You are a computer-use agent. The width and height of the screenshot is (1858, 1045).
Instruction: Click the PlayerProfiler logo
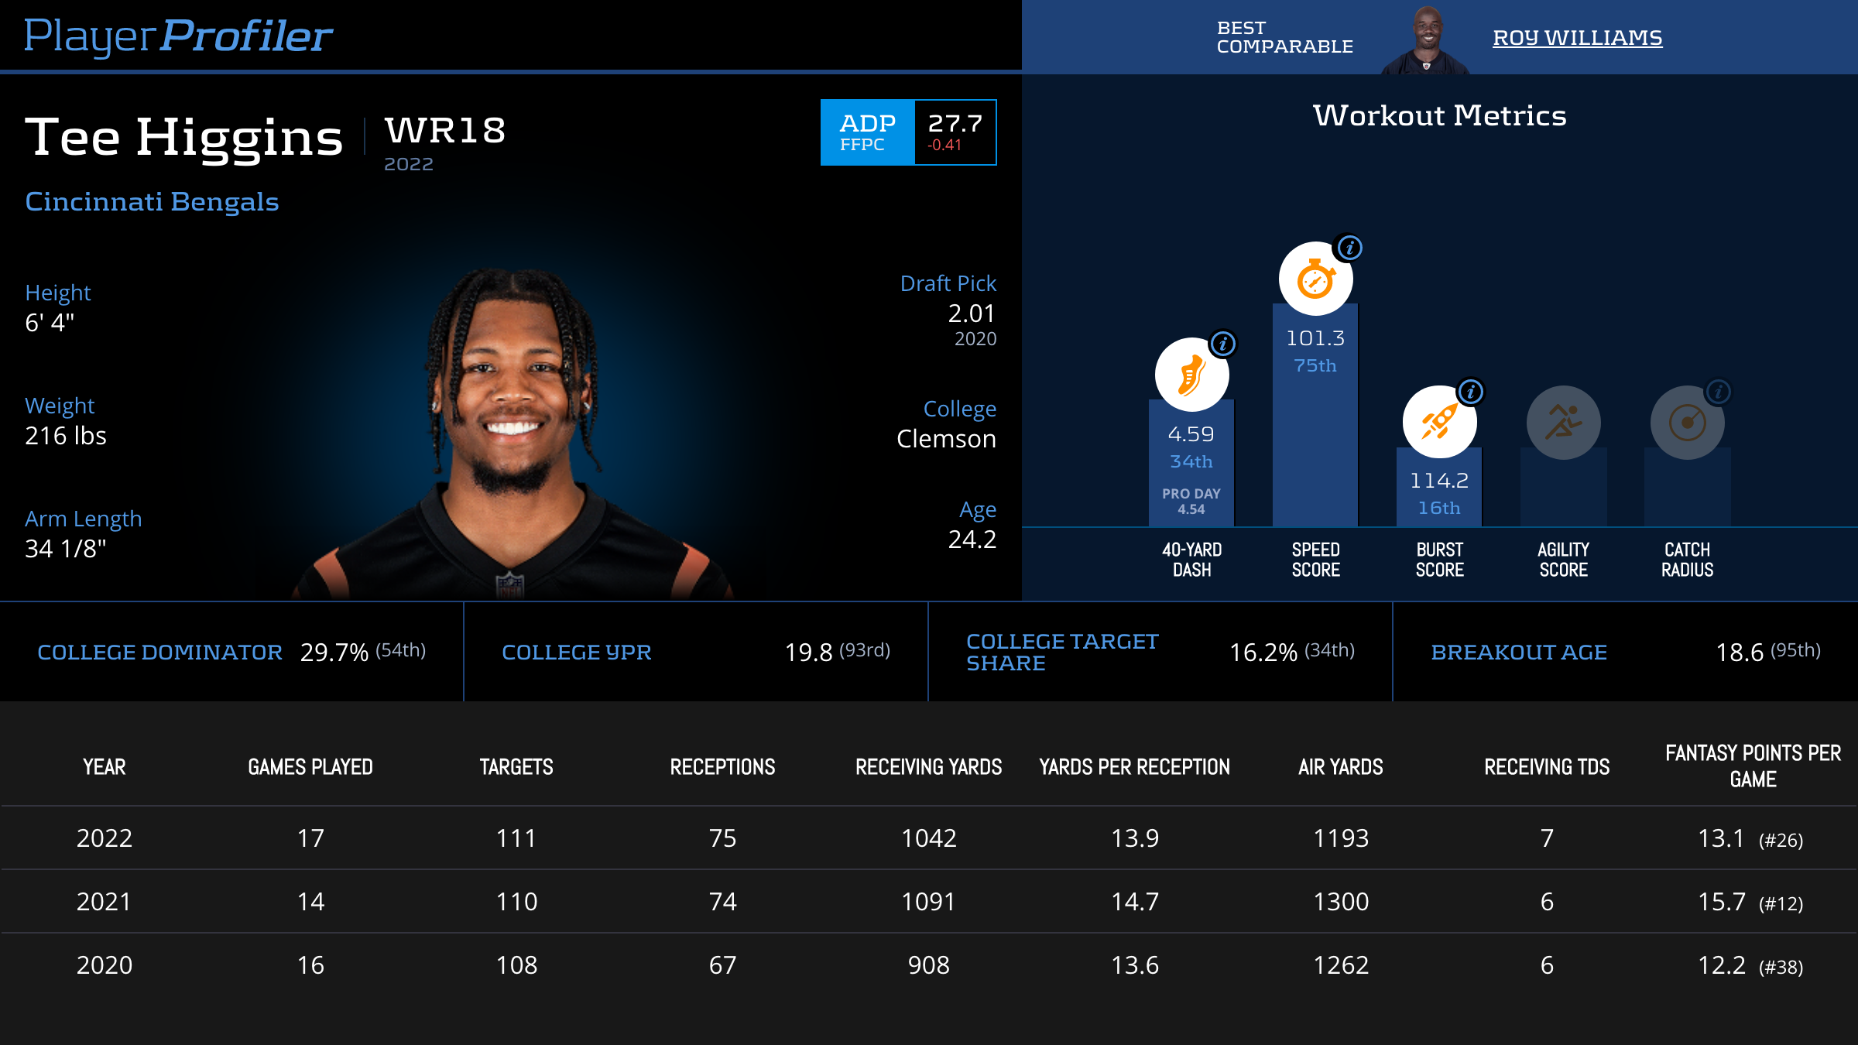[178, 36]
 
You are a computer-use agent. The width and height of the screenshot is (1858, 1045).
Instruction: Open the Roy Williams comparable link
[1577, 37]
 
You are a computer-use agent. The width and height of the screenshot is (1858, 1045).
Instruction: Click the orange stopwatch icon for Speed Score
[1315, 279]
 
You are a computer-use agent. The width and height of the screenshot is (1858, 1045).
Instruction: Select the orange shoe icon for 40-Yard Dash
[1191, 375]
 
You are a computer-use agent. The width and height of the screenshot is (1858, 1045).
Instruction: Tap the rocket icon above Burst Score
[1439, 423]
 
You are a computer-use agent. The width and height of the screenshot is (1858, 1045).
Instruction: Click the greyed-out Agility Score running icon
[1563, 423]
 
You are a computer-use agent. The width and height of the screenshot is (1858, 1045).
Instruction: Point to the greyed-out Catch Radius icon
[1687, 423]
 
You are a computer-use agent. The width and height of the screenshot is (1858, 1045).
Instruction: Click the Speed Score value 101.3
[1315, 338]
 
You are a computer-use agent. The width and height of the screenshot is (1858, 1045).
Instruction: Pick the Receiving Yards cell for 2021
[928, 902]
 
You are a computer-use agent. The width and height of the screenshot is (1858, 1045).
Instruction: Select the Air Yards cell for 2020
[1341, 965]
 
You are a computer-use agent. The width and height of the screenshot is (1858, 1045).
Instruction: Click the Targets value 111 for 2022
[516, 838]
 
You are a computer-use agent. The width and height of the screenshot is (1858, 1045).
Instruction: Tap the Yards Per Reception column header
[1134, 767]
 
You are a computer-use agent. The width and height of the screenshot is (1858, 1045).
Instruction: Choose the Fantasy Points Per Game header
[1753, 766]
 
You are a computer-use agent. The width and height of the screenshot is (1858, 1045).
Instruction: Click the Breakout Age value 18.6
[1740, 653]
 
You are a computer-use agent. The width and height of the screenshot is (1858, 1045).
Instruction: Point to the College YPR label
[577, 653]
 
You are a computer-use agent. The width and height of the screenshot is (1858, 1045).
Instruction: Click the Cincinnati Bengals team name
[152, 202]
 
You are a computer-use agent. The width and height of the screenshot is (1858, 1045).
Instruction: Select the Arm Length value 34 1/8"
[66, 549]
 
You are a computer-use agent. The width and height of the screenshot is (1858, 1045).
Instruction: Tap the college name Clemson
[946, 439]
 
